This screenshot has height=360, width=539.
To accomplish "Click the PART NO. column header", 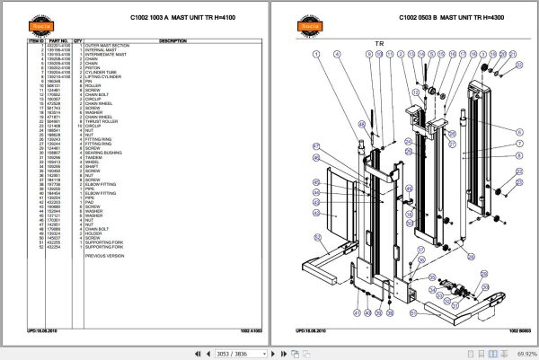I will point(58,40).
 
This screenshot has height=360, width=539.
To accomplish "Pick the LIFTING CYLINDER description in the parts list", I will point(104,76).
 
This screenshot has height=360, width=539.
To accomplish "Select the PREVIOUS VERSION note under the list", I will point(106,255).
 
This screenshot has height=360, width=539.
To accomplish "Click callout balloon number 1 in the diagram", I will point(316,54).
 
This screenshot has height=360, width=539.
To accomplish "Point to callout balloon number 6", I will point(519,132).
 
